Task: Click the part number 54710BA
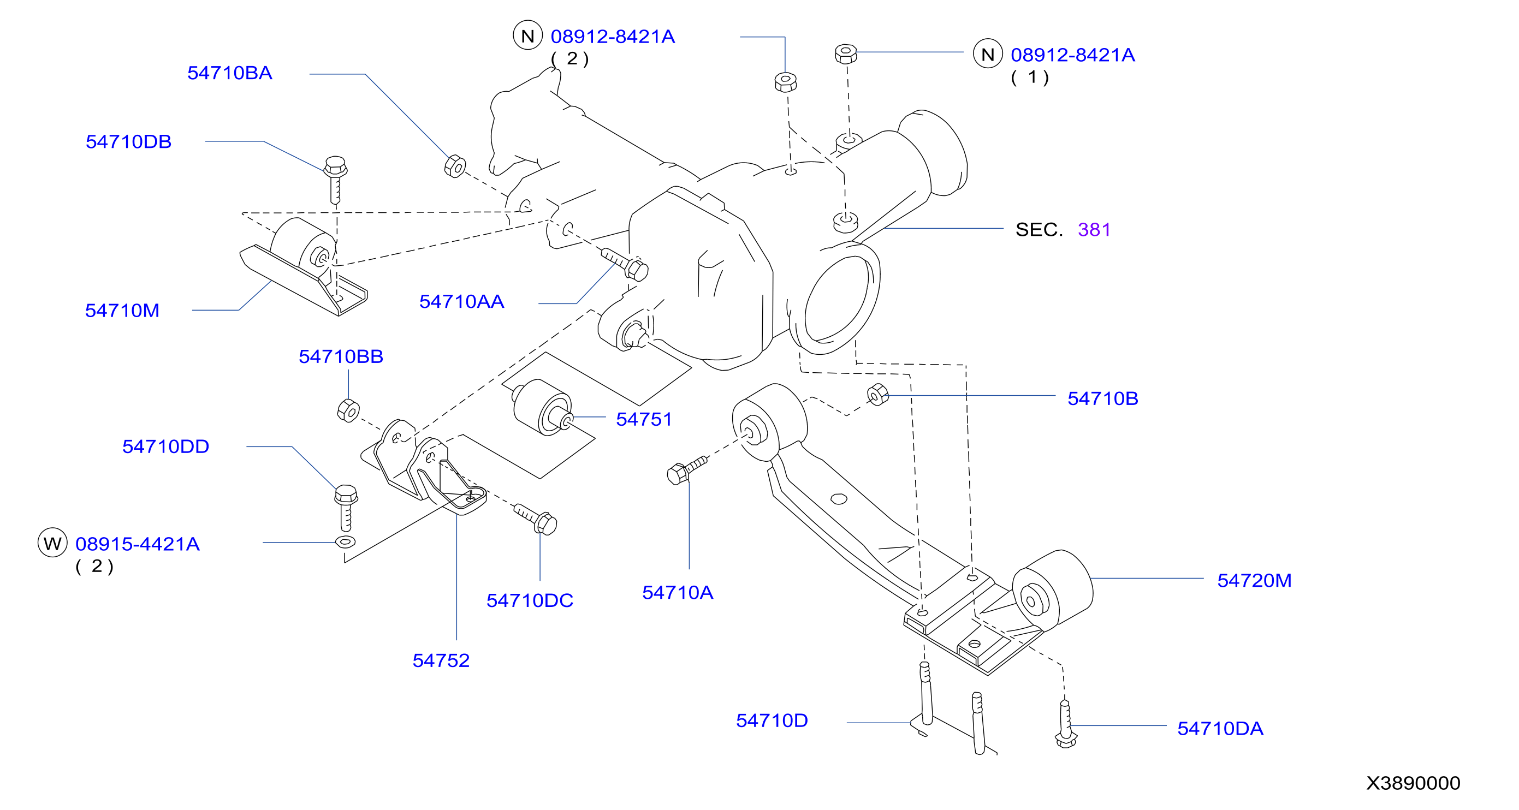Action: (229, 73)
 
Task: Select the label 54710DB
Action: (128, 142)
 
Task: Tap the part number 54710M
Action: (122, 311)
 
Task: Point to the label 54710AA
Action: (462, 302)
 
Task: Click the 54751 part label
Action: (644, 419)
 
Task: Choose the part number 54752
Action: (441, 660)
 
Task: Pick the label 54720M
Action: (1254, 581)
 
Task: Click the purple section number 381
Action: (1094, 229)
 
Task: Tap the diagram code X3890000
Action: (1413, 783)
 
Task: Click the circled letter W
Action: (52, 543)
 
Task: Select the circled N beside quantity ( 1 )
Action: (988, 53)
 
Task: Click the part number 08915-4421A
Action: (138, 544)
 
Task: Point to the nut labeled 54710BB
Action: (348, 410)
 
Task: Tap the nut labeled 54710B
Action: (878, 395)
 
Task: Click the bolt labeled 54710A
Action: (687, 470)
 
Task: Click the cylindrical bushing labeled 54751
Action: (542, 407)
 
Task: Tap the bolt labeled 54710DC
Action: (536, 519)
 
